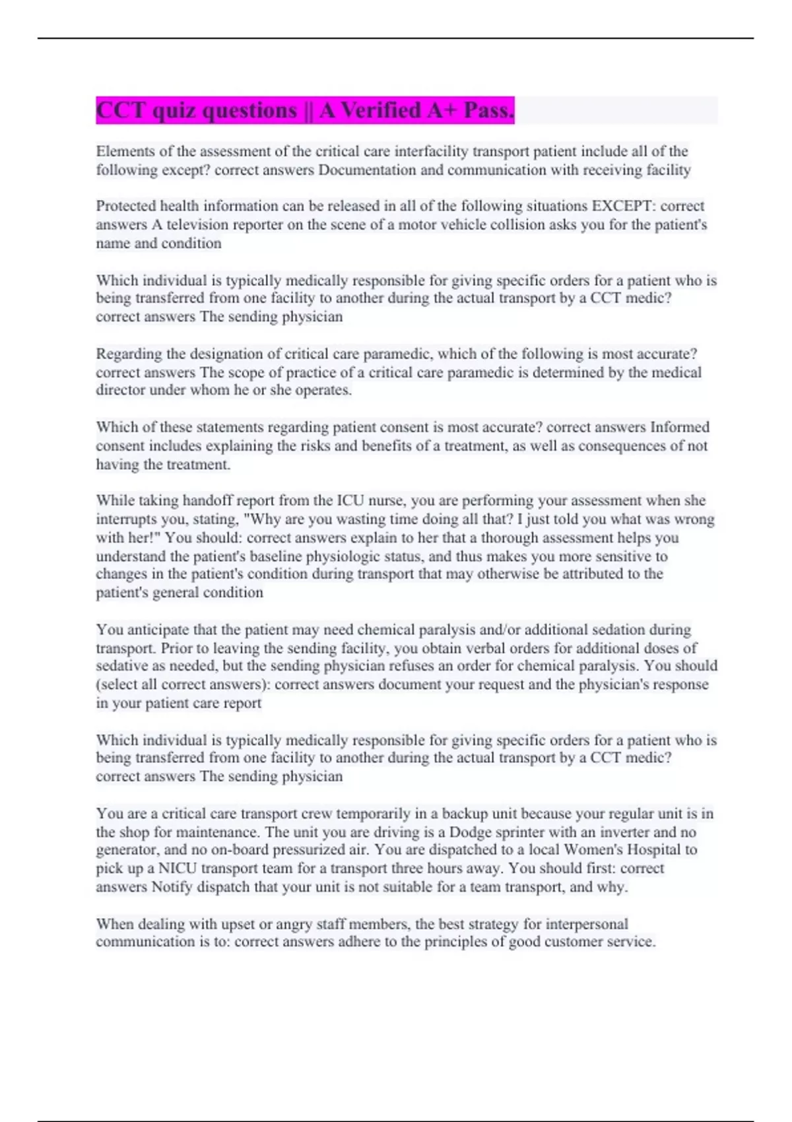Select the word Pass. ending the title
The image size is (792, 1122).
pos(488,110)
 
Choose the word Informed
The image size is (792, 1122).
pos(680,427)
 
